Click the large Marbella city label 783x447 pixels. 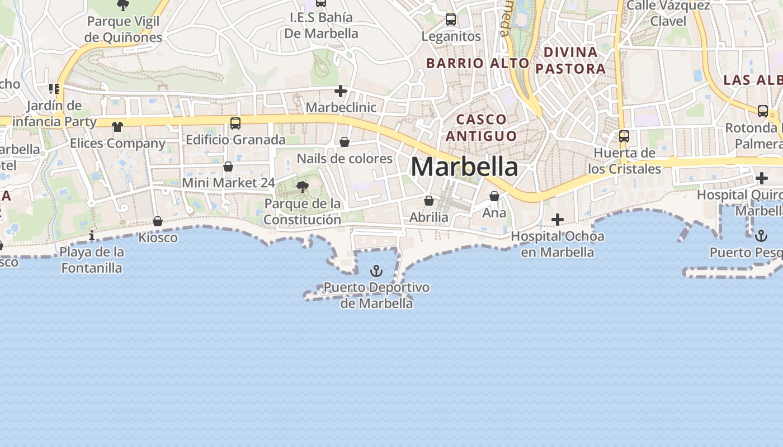coord(464,167)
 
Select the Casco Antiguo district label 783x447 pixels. coord(482,127)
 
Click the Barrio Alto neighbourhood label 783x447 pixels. coord(478,63)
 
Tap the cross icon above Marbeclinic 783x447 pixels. coord(341,91)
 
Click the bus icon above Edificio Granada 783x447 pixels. coord(235,123)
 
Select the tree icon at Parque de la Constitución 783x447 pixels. coord(303,187)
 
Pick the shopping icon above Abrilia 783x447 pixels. coord(429,201)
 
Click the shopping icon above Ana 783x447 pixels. coord(494,196)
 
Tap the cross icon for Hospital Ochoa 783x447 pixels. coord(558,220)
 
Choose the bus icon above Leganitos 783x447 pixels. coord(451,20)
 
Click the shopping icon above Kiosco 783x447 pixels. coord(158,222)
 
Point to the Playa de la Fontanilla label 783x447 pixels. coord(91,260)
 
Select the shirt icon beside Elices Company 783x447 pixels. coord(117,127)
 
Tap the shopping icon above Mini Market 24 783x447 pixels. coord(228,167)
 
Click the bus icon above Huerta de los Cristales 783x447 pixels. coord(624,136)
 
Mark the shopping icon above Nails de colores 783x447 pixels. coord(345,142)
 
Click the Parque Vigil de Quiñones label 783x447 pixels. coord(123,30)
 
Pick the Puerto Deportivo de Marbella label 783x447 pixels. coord(376,295)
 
